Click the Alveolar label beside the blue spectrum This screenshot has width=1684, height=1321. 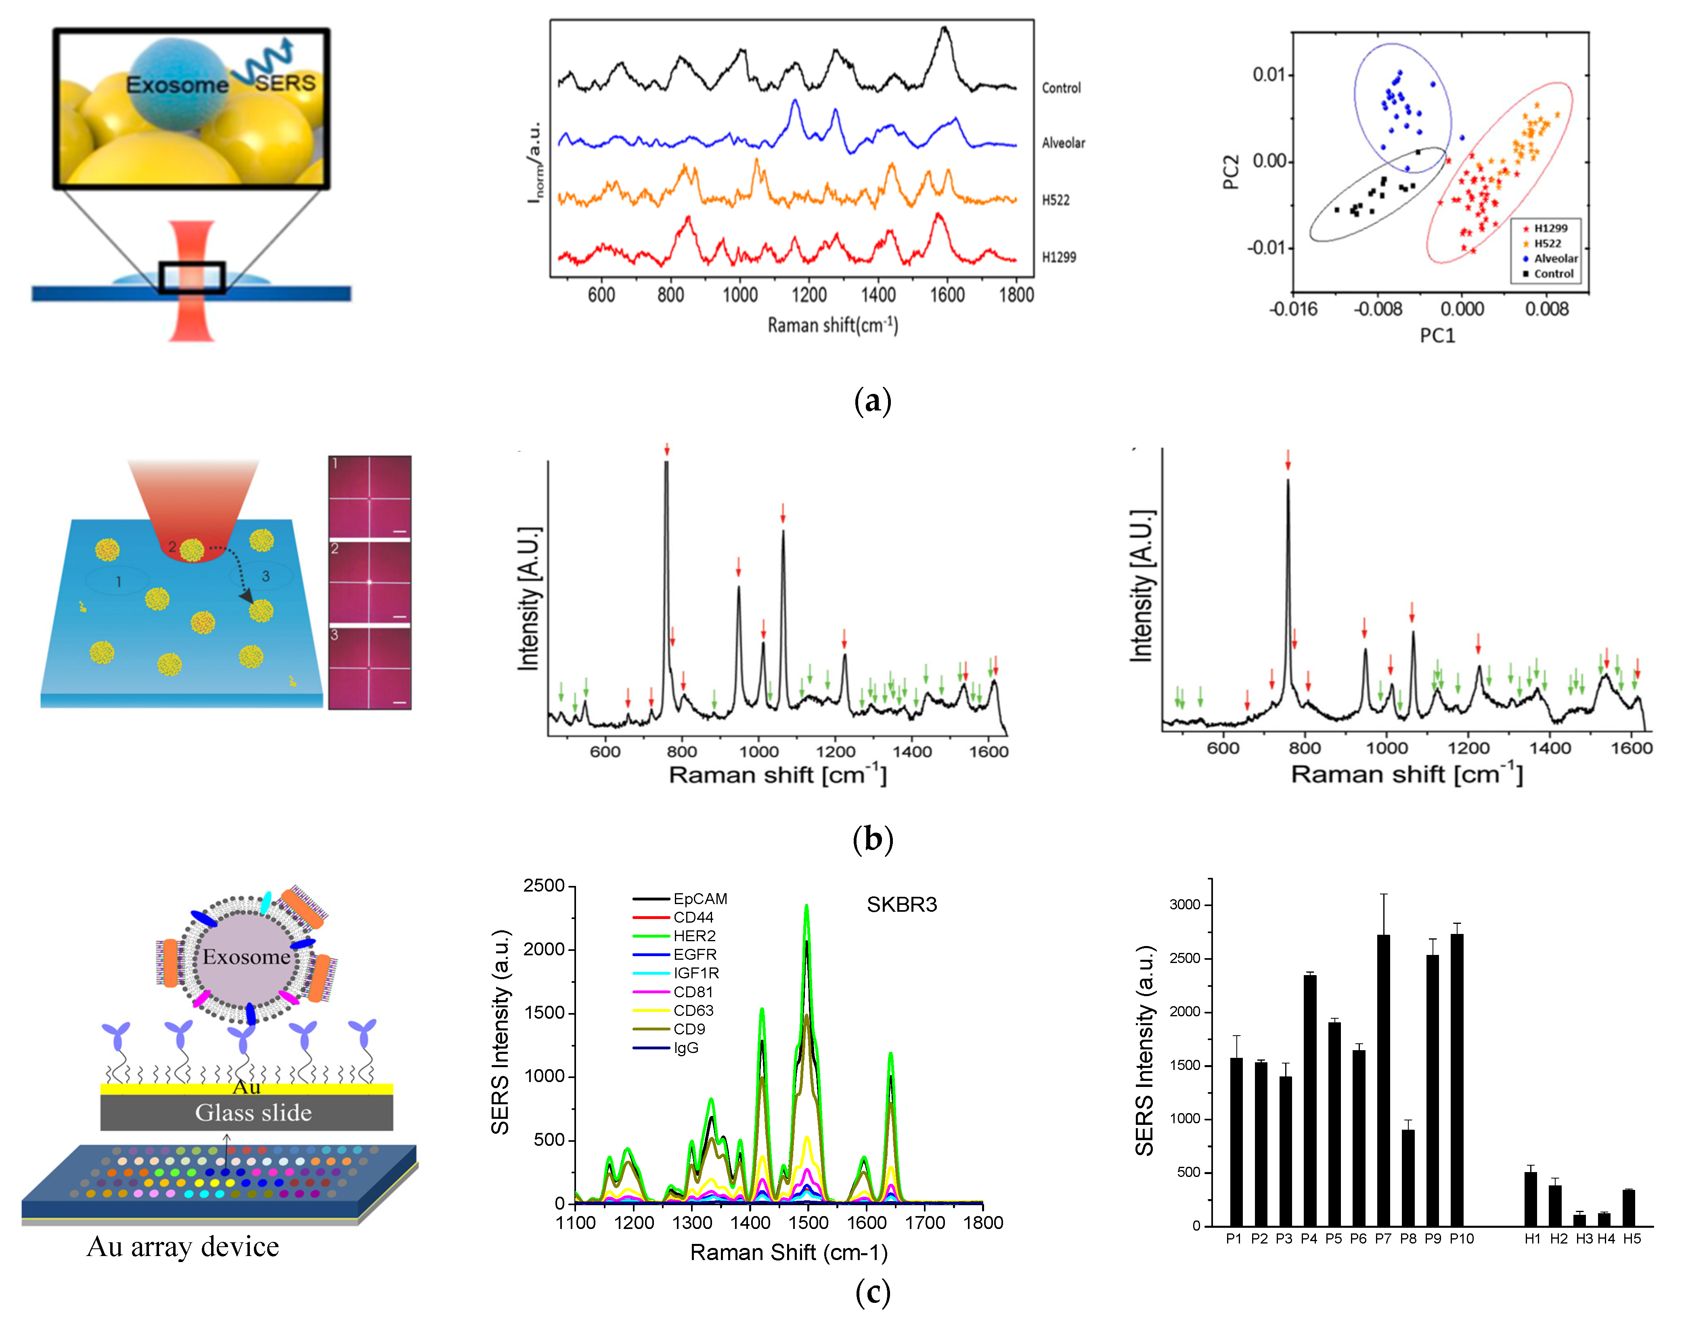click(x=1063, y=143)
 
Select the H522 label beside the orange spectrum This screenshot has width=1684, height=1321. click(x=1055, y=200)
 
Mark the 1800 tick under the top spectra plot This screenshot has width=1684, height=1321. click(x=1016, y=295)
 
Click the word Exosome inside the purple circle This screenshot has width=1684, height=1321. click(x=246, y=957)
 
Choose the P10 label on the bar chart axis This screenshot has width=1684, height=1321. click(x=1461, y=1239)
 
